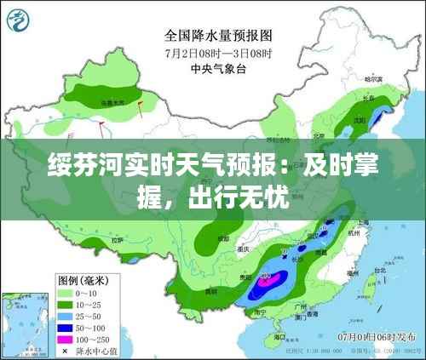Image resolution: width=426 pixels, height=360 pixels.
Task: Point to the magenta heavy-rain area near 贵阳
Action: coord(271,277)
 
